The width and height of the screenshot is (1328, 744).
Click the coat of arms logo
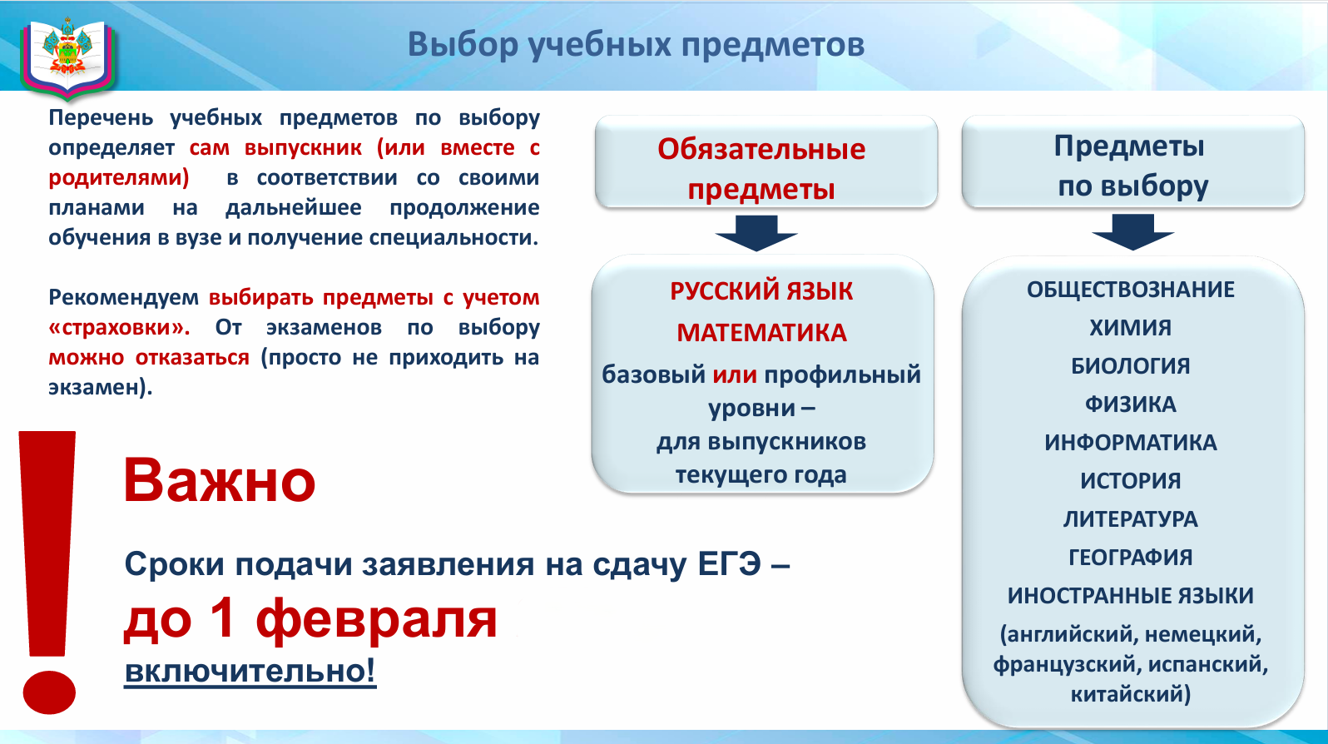[67, 57]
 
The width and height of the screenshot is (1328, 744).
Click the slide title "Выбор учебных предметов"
[637, 45]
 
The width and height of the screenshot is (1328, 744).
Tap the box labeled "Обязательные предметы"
[766, 161]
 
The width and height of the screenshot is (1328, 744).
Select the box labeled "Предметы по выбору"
[1132, 161]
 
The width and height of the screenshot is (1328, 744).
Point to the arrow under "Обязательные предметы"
[756, 233]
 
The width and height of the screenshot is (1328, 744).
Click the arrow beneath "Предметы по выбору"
[1133, 232]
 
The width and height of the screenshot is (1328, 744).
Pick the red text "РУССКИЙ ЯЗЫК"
[761, 291]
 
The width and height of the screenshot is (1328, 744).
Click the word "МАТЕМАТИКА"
[761, 333]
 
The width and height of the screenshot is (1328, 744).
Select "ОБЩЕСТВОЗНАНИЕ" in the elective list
[1131, 290]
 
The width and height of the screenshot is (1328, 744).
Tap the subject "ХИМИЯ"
[1131, 328]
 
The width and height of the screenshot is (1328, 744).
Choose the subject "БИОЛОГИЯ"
[1131, 366]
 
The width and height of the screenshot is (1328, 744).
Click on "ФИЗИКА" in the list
[1131, 404]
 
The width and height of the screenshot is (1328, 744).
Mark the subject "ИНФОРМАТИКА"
[1131, 443]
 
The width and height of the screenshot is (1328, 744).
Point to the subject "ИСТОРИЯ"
[1131, 481]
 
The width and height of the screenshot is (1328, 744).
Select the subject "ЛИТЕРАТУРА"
[1131, 519]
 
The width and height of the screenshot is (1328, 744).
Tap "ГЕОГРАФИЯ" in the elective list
[1131, 558]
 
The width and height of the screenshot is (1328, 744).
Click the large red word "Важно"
[220, 480]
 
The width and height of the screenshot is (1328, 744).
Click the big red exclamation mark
[48, 572]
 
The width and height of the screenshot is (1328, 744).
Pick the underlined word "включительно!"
[250, 671]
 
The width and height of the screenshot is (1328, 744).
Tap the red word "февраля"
[376, 620]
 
